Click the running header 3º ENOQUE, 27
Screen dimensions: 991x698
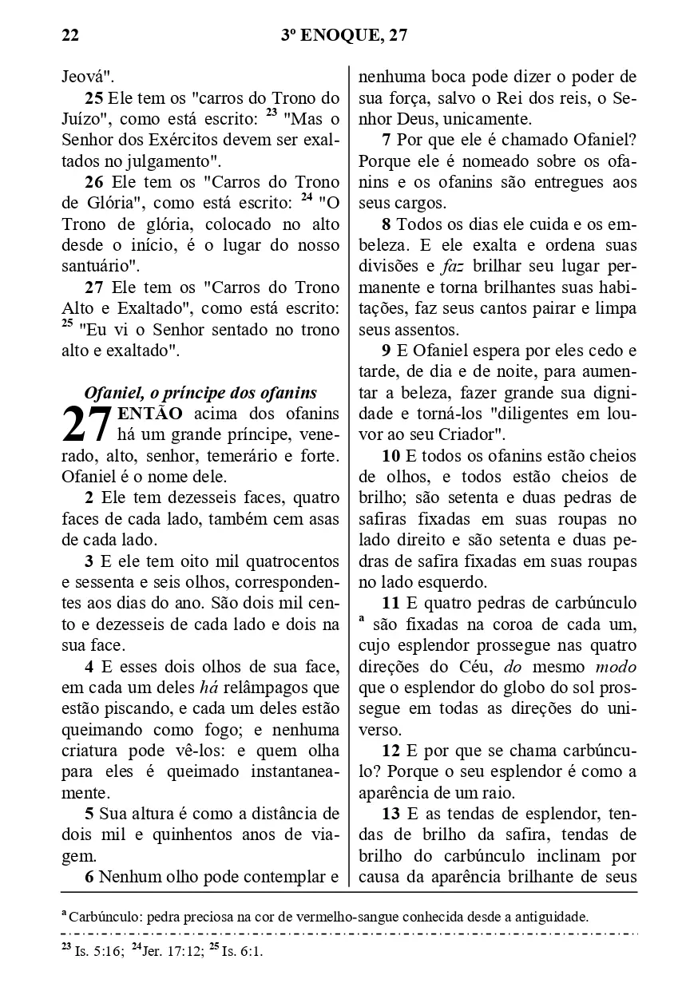pos(345,35)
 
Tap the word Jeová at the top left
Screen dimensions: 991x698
pos(88,78)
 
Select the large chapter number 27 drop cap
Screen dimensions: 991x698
pos(87,425)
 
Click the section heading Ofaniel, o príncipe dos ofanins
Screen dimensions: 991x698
pos(200,393)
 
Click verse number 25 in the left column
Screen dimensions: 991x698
pos(93,99)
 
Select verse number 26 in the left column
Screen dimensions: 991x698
pos(93,182)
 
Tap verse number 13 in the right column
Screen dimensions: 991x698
pos(391,815)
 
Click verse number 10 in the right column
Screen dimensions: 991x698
pos(391,457)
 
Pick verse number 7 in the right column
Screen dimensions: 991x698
pos(387,141)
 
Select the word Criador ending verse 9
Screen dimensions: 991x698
pos(470,436)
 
